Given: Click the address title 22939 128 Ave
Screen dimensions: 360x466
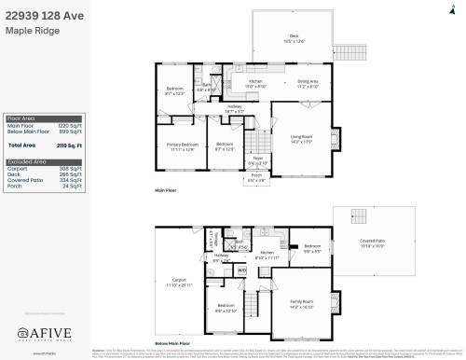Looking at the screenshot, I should [44, 14].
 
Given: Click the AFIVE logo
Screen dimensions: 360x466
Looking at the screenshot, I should [44, 333].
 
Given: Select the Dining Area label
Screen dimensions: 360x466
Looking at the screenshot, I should [308, 82].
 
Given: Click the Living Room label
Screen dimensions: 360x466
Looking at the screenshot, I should [300, 138].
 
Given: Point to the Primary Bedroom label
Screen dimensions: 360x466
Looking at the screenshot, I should [182, 145].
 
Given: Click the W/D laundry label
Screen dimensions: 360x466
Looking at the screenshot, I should [241, 270].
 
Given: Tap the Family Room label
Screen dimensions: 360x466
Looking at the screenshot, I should [301, 302].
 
